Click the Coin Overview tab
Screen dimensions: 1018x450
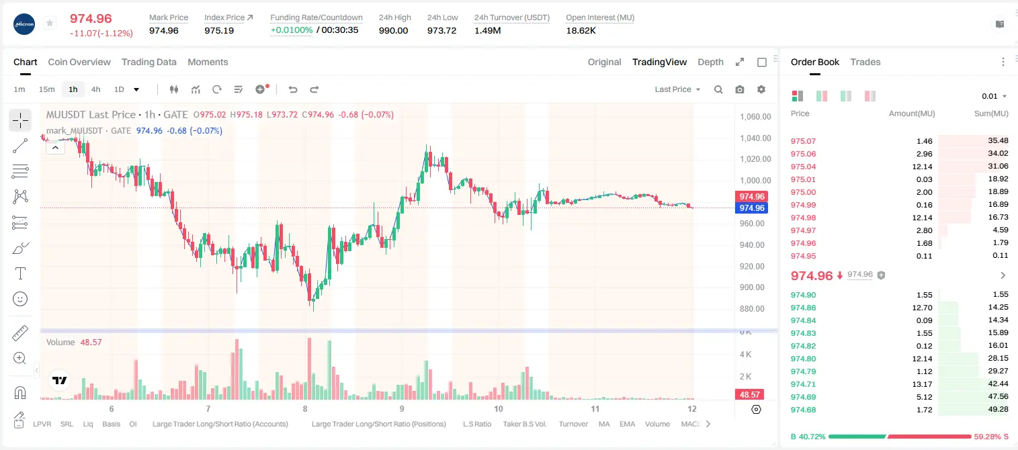(x=79, y=62)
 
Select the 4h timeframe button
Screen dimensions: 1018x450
(x=95, y=89)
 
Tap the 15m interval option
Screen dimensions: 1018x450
(x=47, y=89)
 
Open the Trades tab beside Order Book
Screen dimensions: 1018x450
(x=865, y=62)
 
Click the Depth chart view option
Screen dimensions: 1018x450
(x=710, y=62)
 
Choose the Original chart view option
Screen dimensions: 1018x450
(x=604, y=62)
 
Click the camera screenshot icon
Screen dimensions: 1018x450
(x=740, y=89)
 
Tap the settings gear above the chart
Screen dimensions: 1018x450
(x=761, y=89)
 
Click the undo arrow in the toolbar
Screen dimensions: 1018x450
(x=293, y=89)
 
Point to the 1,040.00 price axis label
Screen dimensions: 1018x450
(x=755, y=138)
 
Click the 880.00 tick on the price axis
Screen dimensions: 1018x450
(x=752, y=309)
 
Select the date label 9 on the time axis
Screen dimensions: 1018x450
(x=402, y=408)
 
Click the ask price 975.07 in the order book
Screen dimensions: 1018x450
(x=803, y=141)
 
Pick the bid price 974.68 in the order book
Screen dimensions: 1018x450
(x=803, y=410)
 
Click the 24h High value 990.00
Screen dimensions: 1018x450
(x=394, y=30)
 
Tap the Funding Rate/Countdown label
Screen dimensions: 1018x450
(x=316, y=17)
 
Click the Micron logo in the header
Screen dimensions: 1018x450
(x=24, y=24)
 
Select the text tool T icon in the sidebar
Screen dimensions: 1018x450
(x=20, y=273)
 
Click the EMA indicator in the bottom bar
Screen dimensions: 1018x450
(x=627, y=424)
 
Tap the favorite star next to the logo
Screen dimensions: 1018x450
(x=50, y=23)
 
